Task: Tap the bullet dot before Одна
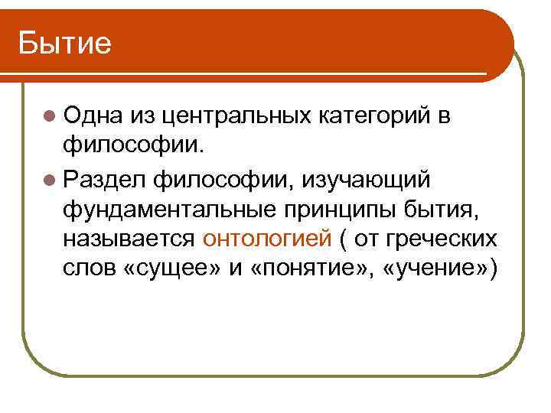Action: tap(50, 116)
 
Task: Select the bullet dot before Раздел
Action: tap(50, 179)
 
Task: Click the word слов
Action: tap(90, 272)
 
